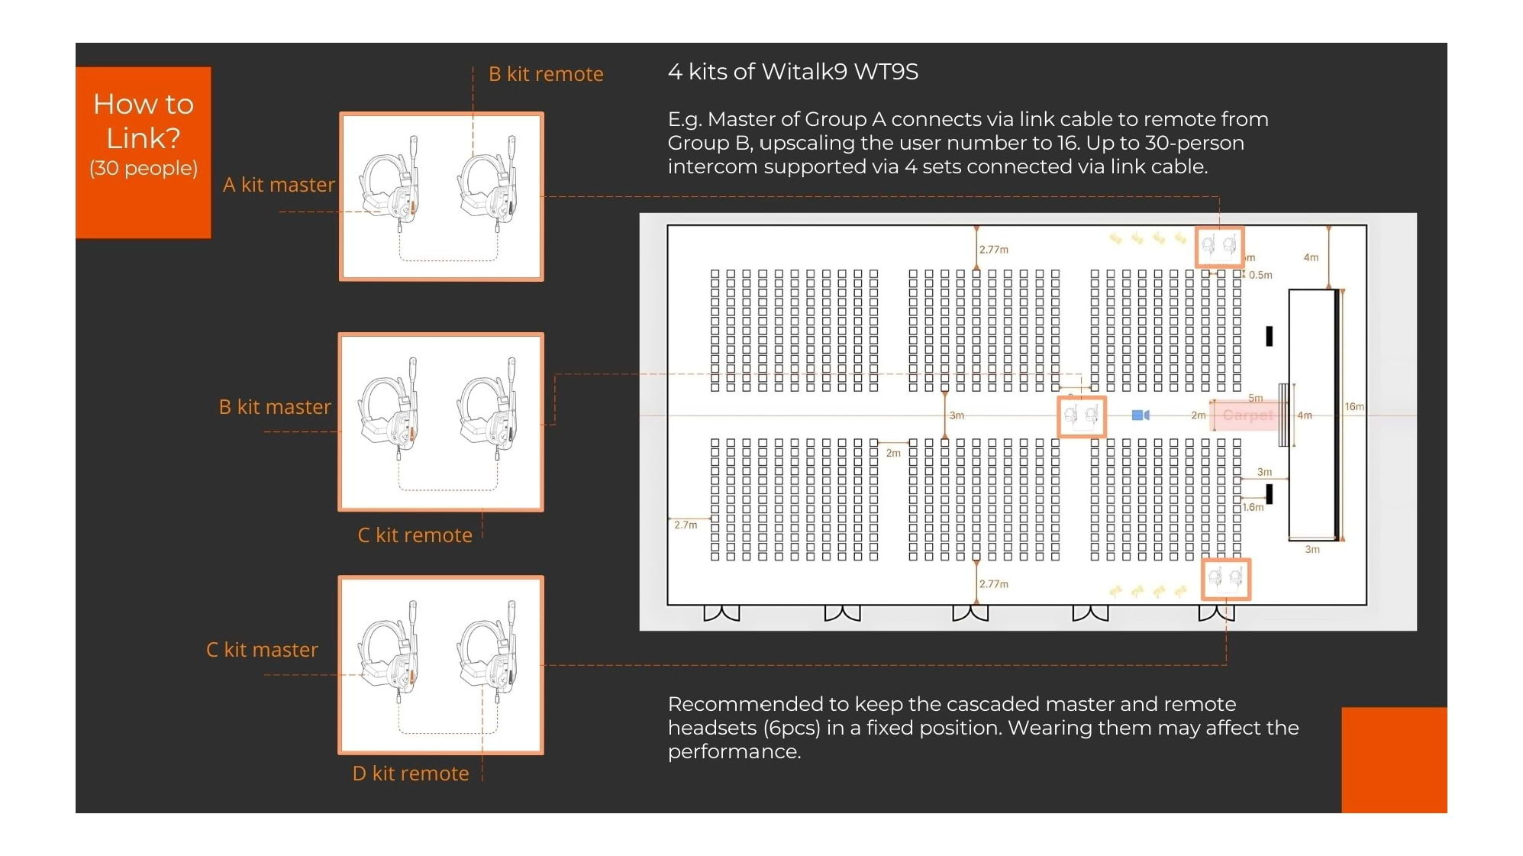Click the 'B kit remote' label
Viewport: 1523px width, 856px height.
545,74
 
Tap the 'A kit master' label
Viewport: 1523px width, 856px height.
279,185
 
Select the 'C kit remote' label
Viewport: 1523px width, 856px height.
415,535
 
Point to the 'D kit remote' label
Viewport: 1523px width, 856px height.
411,774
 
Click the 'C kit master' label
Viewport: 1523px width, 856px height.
262,650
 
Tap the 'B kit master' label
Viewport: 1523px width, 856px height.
275,407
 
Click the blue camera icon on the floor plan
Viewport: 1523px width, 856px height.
1140,415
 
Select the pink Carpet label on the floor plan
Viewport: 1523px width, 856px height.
1247,415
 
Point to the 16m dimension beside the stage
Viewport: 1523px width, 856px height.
1354,407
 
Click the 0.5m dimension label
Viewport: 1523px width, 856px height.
1260,276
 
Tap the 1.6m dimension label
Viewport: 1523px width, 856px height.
1253,507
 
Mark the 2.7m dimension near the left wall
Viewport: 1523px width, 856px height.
686,525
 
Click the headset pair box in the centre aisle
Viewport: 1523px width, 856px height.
1081,416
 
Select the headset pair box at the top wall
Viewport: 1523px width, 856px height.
1218,246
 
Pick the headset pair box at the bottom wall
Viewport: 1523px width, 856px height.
1225,578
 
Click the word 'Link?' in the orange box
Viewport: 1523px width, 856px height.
144,138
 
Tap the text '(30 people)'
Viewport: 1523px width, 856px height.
144,168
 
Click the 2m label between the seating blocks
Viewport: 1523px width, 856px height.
893,454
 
